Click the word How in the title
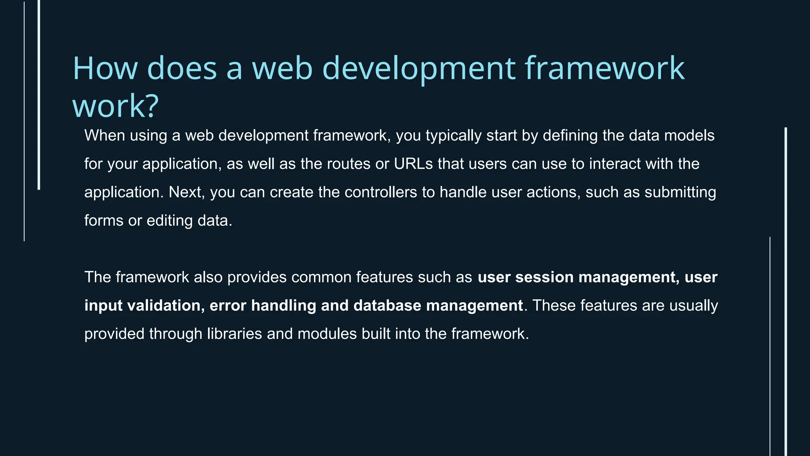105,68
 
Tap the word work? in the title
115,106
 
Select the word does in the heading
182,68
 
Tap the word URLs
413,164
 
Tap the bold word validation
166,306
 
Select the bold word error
228,306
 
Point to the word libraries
235,334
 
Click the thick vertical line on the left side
39,95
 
